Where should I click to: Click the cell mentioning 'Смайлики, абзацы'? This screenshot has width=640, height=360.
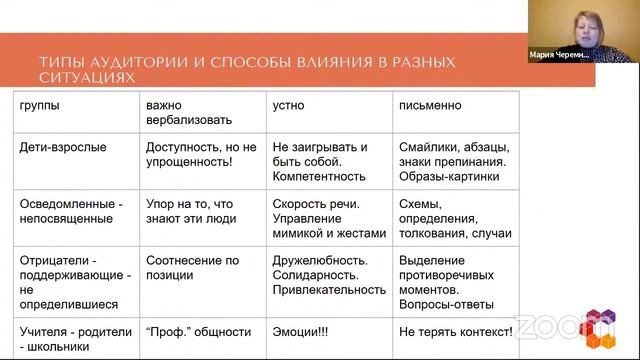[453, 160]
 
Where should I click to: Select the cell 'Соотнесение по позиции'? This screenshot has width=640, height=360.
[194, 267]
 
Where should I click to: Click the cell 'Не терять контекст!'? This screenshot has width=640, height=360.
[456, 328]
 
